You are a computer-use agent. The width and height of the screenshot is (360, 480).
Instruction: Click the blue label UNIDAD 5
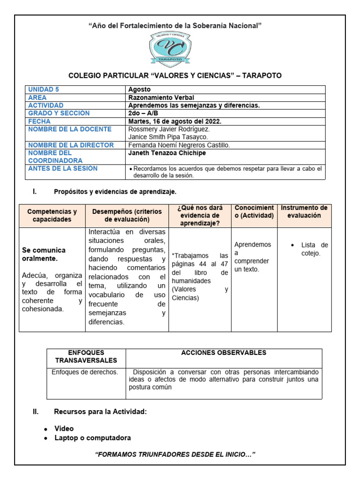coord(44,90)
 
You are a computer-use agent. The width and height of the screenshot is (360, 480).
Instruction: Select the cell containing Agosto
coord(140,90)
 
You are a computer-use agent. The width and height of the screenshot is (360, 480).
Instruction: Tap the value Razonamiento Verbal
coord(161,97)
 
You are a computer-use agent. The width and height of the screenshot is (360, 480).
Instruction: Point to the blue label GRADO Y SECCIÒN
coord(59,113)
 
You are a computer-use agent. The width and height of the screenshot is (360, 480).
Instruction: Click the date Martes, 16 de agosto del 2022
coord(175,121)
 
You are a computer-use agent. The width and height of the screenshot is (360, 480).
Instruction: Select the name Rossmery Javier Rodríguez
coord(169,129)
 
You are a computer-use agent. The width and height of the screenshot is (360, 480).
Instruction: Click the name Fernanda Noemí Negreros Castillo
coord(179,145)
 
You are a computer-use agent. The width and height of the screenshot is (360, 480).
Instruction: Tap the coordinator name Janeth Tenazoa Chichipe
coord(167,153)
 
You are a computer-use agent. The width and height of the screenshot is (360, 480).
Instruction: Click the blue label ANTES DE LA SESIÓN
coord(63,169)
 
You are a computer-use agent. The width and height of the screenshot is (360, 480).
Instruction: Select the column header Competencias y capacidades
coord(52,216)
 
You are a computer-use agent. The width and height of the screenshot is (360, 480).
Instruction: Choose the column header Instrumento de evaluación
coord(304,212)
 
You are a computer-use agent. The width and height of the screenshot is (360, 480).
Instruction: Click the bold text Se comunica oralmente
coord(44,255)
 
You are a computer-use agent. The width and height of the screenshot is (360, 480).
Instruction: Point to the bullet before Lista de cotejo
coord(292,245)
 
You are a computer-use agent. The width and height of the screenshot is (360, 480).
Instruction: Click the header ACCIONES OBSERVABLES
coord(224,353)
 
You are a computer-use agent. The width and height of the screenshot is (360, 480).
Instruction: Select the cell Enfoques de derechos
coord(85,372)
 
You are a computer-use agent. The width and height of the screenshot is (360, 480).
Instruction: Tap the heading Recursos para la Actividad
coord(100,412)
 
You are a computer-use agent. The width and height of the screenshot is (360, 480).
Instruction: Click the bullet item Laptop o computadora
coord(92,438)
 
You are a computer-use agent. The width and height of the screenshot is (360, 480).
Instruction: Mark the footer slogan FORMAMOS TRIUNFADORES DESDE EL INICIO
coord(175,455)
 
